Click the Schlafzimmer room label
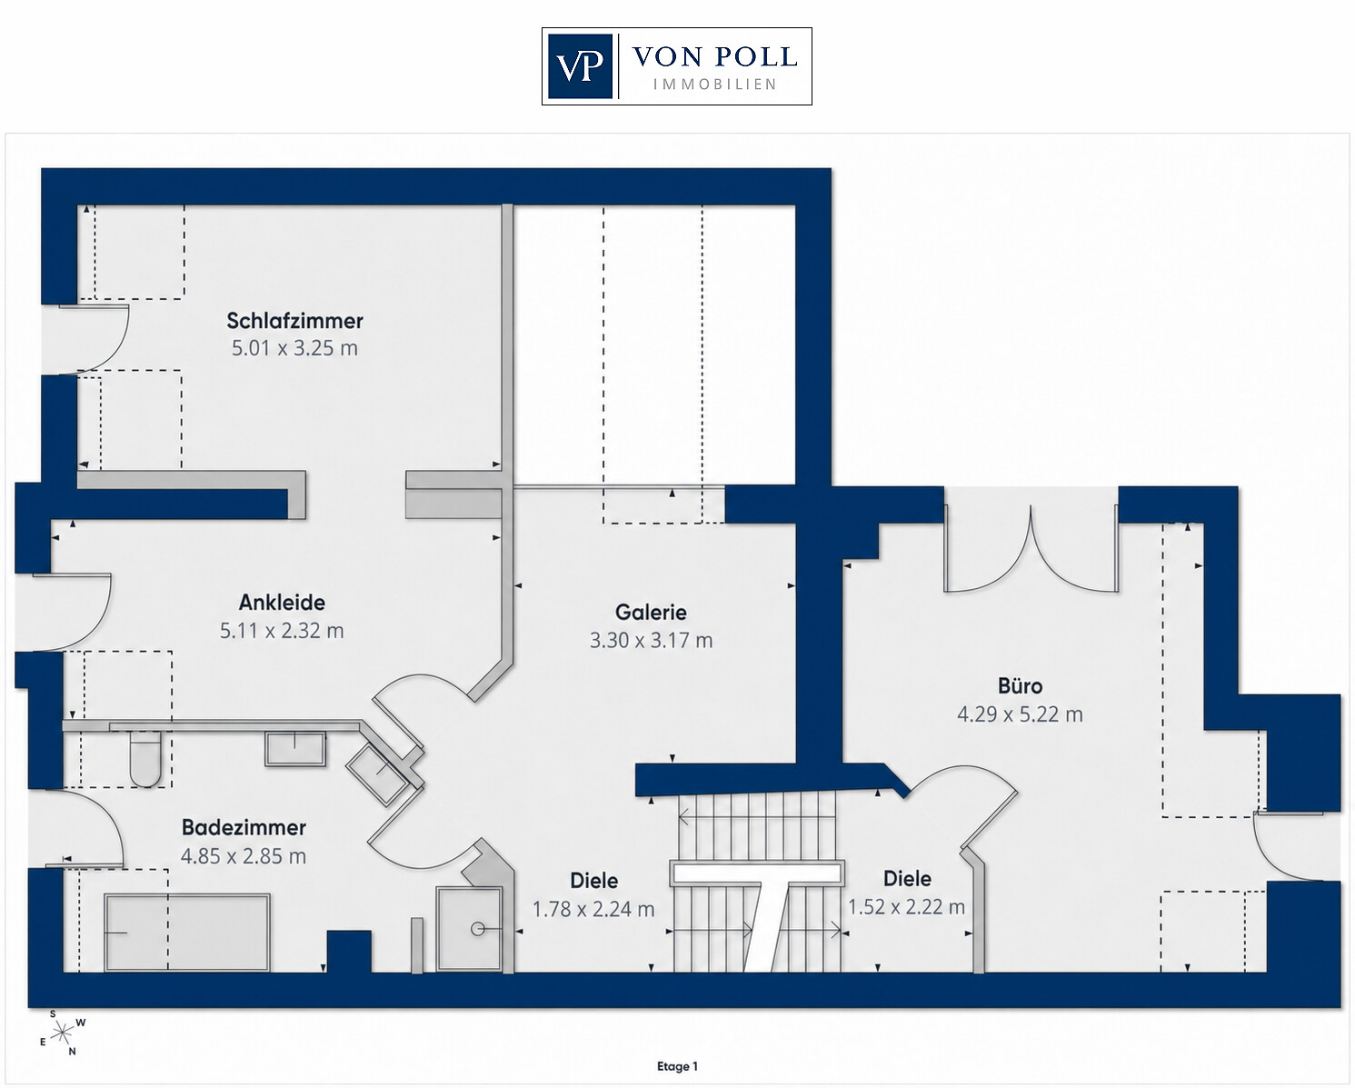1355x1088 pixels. coord(294,321)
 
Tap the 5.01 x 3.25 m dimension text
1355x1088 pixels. coord(294,348)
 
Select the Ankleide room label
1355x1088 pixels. coord(282,603)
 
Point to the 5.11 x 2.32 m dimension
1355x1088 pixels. coord(282,631)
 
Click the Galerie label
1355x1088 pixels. coord(651,613)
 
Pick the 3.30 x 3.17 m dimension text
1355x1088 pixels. coord(651,641)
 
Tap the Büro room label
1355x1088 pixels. coord(1020,686)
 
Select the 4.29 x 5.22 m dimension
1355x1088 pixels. coord(1020,714)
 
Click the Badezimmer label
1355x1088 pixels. coord(244,828)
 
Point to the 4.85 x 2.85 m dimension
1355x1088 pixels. coord(243,856)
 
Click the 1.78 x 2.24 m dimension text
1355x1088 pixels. coord(593,910)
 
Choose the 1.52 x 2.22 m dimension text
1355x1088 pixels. coord(907,907)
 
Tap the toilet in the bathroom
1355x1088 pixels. coord(145,759)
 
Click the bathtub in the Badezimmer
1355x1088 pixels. coord(187,933)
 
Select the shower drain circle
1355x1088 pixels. coord(478,929)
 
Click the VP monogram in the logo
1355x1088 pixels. coord(580,66)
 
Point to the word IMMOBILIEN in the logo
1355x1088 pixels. coord(714,85)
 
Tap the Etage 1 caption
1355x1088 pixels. coord(678,1066)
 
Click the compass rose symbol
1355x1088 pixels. coord(62,1033)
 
